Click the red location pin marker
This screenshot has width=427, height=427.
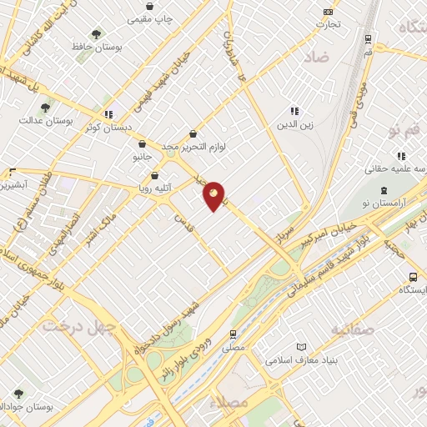[214, 195]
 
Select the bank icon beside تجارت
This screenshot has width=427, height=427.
[328, 12]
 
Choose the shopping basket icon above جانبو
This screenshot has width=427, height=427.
[141, 143]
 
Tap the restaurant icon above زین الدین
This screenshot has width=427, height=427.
[294, 111]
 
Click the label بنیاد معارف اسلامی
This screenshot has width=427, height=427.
[301, 361]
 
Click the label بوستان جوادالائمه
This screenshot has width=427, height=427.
[41, 406]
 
